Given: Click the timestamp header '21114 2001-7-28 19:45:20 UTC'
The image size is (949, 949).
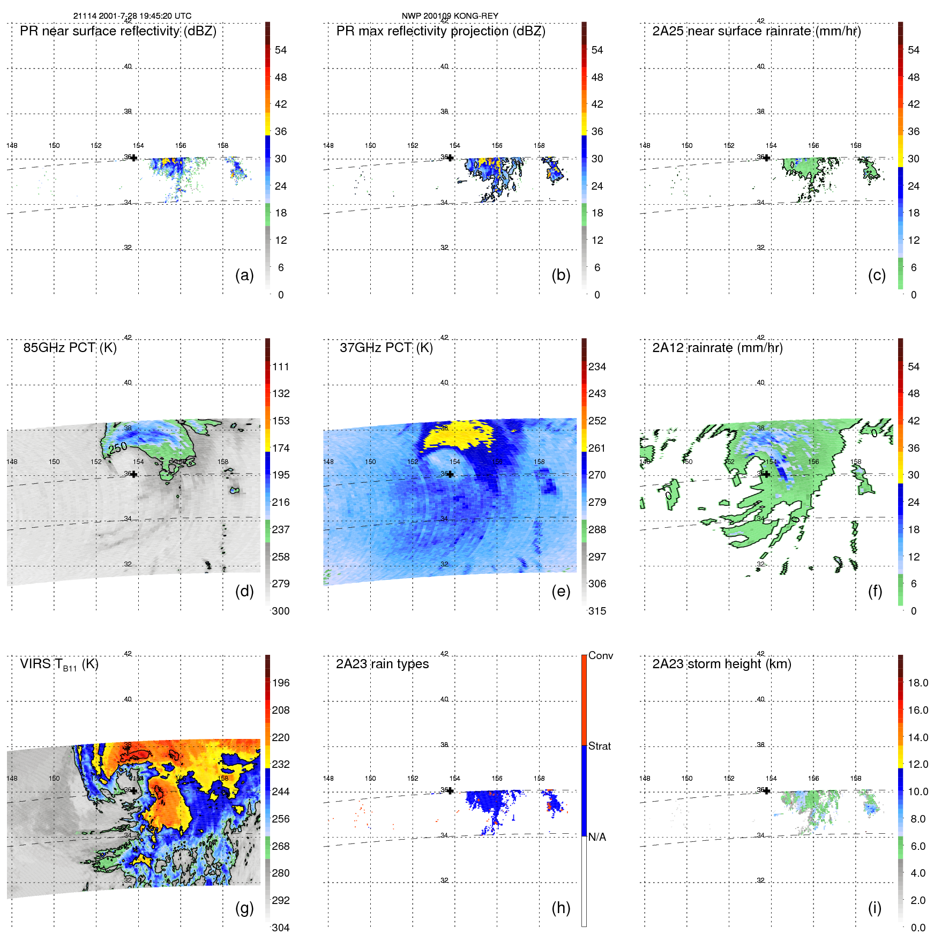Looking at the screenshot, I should (132, 16).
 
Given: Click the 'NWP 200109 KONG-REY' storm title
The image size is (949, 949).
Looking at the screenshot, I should (450, 16).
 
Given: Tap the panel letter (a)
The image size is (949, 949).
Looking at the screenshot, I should (244, 275).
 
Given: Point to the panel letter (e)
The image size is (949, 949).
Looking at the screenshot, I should (561, 592).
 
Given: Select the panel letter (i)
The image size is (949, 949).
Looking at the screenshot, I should (875, 908).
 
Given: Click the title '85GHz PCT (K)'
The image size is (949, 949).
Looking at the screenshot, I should (70, 348).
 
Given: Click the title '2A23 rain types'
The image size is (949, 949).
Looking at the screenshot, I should (382, 664).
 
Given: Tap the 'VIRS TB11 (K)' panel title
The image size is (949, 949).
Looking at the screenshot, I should (59, 664).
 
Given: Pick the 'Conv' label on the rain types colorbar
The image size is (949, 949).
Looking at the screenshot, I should (600, 655).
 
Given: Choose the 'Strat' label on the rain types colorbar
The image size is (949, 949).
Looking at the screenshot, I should (599, 746).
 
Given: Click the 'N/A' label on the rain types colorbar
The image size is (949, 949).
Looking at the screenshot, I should (597, 837).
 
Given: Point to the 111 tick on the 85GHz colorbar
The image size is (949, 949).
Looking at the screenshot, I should (280, 367).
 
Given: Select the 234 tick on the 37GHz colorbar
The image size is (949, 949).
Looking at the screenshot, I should (597, 367).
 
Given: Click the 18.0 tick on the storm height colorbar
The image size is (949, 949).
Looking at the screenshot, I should (917, 683).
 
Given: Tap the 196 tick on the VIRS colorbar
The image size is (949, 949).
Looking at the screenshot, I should (280, 683).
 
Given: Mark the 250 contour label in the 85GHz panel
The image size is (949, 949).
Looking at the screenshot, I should (118, 447).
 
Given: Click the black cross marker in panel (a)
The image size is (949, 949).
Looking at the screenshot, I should (134, 158).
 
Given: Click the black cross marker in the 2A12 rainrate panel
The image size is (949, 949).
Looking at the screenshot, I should (767, 474).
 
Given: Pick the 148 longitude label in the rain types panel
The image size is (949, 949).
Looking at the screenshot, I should (328, 779).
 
